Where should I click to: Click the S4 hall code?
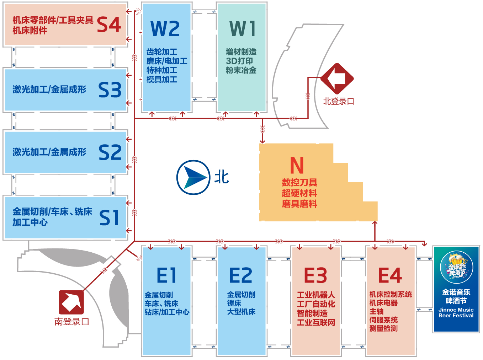(109, 25)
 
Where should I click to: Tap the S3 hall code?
(110, 90)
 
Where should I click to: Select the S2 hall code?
(110, 152)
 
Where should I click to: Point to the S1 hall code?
(109, 217)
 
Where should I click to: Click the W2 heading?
(165, 28)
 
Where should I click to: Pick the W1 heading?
(242, 28)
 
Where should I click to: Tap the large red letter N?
(297, 165)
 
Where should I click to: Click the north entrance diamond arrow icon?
(337, 79)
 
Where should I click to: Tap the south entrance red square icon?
(71, 302)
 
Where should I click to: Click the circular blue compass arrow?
(193, 177)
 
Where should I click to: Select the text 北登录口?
(339, 102)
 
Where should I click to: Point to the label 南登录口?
(72, 322)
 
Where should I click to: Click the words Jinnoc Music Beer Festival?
(456, 312)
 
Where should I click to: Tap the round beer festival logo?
(456, 267)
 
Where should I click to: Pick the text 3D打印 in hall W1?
(239, 61)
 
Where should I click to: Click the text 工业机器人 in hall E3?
(316, 295)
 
